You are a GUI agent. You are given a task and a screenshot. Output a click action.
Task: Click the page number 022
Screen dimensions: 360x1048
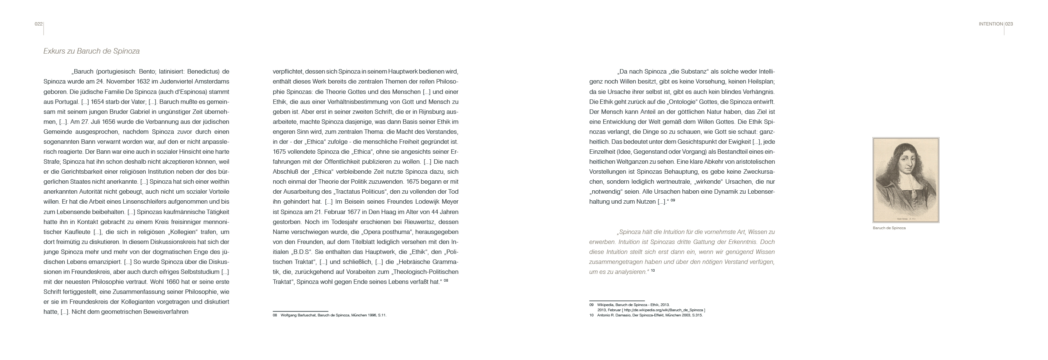[x=38, y=24]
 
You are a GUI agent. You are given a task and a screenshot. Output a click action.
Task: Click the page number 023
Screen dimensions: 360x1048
[x=1009, y=24]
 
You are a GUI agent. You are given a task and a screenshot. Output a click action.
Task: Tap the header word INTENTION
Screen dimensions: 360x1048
[x=991, y=24]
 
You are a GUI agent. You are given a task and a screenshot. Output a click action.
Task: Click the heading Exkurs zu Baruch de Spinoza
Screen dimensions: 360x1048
[x=92, y=51]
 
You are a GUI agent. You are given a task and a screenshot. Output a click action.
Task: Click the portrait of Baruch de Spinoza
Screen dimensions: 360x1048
[x=906, y=180]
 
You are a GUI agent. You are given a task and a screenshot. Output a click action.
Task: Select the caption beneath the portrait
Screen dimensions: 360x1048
[x=889, y=228]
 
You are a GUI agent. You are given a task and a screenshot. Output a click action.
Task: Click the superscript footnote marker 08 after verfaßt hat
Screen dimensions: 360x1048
[x=446, y=280]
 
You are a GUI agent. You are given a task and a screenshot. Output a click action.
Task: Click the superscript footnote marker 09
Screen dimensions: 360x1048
[x=672, y=200]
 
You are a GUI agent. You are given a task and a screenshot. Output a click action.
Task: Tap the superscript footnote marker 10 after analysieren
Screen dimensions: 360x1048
[x=652, y=271]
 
